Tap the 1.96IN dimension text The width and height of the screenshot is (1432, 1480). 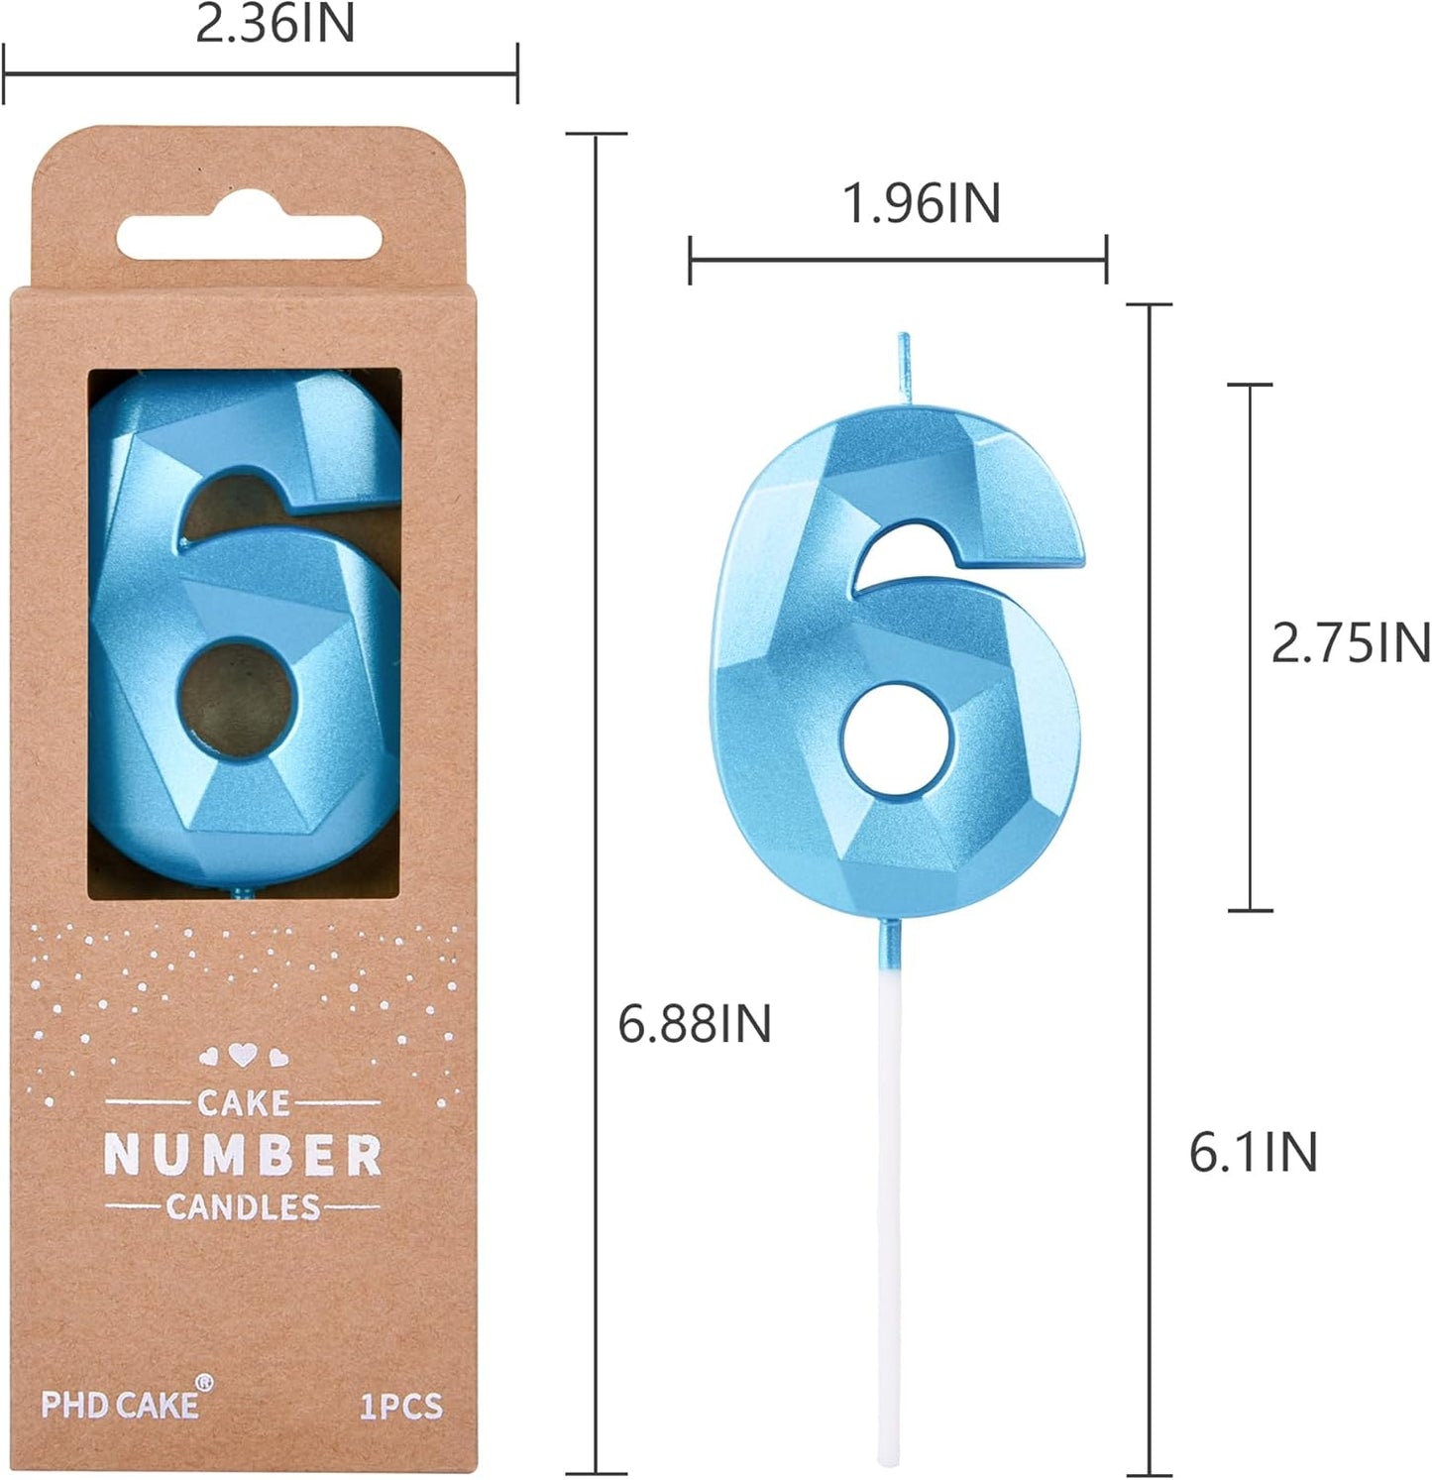click(921, 203)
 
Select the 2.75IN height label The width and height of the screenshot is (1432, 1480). click(1350, 643)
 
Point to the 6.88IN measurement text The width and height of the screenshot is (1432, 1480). click(694, 1023)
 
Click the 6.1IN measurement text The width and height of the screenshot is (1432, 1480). click(1253, 1152)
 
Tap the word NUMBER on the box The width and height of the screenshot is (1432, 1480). click(243, 1156)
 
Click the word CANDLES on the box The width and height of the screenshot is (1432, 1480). click(243, 1207)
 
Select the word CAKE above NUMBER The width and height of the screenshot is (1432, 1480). click(243, 1102)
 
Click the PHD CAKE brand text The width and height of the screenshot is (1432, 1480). click(118, 1405)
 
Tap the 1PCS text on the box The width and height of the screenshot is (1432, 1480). click(400, 1407)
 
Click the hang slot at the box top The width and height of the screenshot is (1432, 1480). click(250, 238)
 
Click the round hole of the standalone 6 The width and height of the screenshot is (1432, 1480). click(899, 740)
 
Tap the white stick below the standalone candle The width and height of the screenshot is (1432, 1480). click(890, 1190)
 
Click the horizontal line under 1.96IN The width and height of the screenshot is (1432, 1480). click(897, 260)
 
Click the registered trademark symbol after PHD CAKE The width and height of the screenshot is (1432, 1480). click(204, 1384)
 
